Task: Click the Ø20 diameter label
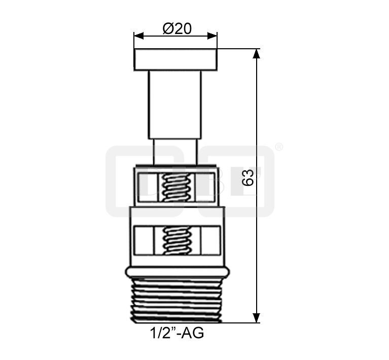click(177, 28)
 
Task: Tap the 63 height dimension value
click(247, 177)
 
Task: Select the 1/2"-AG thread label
click(177, 333)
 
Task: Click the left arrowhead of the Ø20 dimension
click(138, 36)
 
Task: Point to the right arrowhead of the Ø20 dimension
click(213, 36)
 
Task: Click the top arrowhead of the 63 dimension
click(256, 53)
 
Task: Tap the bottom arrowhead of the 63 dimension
click(256, 318)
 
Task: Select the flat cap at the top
click(175, 59)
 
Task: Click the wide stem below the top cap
click(175, 105)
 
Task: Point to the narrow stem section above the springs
click(175, 152)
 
